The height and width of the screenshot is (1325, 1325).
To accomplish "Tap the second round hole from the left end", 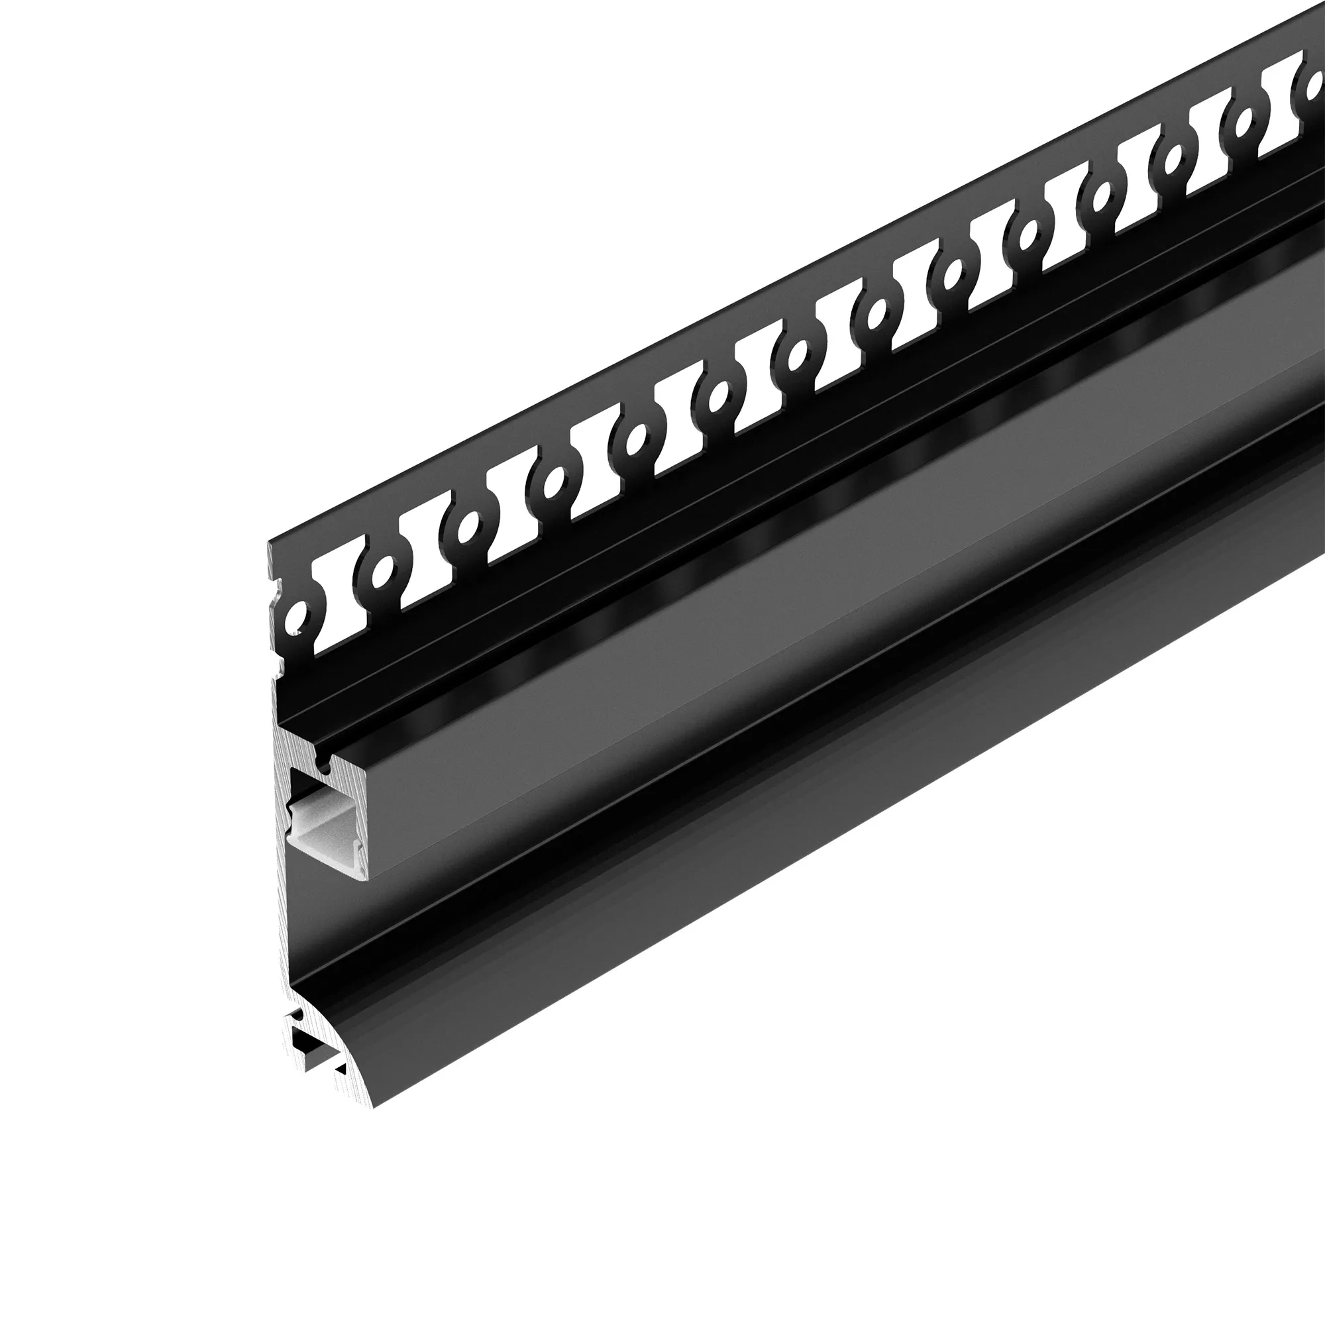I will tap(384, 568).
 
